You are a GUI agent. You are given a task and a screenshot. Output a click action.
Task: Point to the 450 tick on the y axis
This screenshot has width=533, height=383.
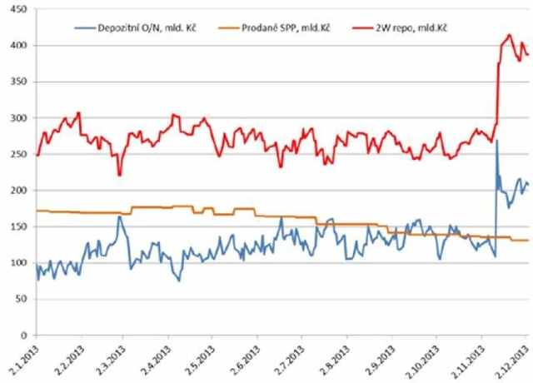pyautogui.click(x=17, y=9)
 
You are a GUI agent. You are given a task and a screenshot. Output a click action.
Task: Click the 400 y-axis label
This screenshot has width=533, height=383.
pyautogui.click(x=17, y=46)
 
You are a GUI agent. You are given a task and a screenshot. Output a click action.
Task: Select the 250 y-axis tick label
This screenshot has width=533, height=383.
pyautogui.click(x=17, y=154)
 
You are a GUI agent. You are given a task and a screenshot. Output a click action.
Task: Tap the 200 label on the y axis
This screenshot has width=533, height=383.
pyautogui.click(x=17, y=191)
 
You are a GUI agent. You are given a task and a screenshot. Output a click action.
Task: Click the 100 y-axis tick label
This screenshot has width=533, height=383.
pyautogui.click(x=17, y=263)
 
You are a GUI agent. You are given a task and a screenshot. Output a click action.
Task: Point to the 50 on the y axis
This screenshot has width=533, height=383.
pyautogui.click(x=20, y=299)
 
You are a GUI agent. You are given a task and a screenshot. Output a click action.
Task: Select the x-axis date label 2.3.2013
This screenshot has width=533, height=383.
pyautogui.click(x=112, y=360)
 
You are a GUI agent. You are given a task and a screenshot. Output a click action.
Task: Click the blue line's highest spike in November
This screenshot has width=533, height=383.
pyautogui.click(x=496, y=141)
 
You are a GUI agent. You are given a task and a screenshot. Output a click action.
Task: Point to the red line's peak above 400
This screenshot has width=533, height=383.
pyautogui.click(x=509, y=36)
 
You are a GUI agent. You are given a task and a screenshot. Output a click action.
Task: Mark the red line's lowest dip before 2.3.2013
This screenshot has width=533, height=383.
pyautogui.click(x=119, y=175)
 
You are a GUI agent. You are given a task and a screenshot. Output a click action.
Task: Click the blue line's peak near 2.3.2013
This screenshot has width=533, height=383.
pyautogui.click(x=120, y=217)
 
